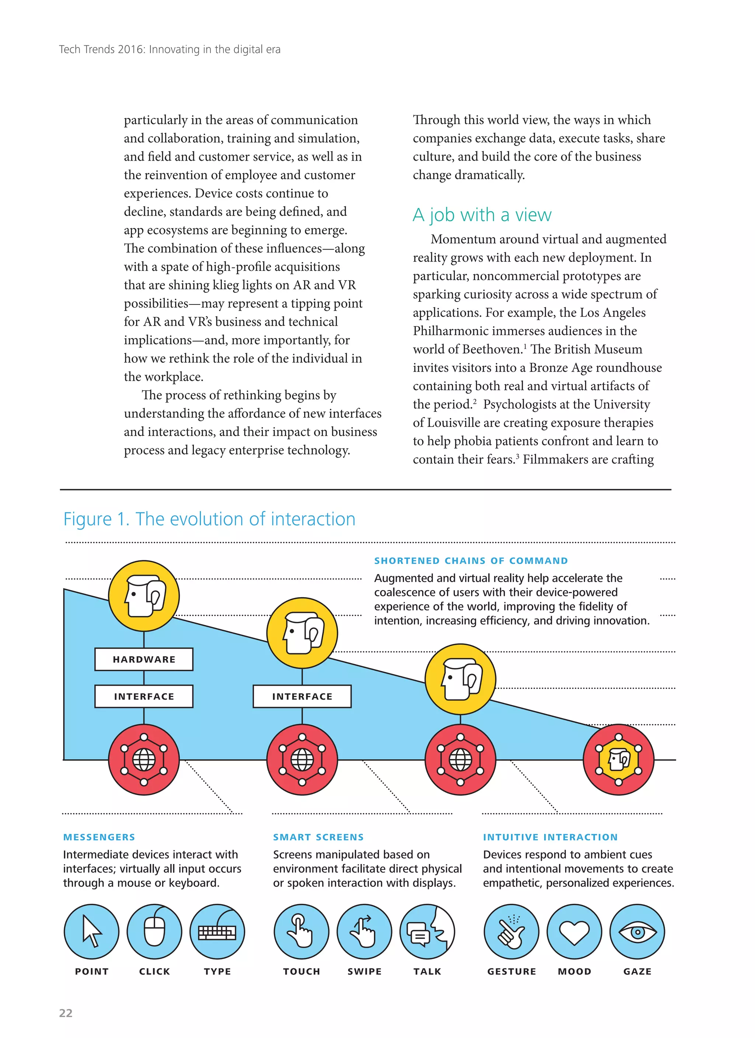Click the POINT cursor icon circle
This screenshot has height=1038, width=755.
[91, 931]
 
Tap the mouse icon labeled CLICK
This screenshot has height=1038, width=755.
[154, 931]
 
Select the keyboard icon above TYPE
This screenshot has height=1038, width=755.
[217, 931]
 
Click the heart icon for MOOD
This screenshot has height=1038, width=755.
[574, 931]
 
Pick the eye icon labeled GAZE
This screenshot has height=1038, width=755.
[637, 931]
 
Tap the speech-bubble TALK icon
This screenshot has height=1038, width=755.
[427, 931]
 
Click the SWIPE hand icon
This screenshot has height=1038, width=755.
[365, 931]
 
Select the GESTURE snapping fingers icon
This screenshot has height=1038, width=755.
[511, 931]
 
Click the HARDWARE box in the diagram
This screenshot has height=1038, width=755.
[144, 659]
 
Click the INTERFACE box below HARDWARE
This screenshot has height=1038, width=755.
[144, 696]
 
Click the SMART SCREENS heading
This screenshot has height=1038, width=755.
[318, 837]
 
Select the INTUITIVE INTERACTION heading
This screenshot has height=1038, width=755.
[550, 837]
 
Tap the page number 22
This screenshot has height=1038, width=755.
[66, 1013]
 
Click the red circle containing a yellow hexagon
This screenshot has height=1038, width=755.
[619, 760]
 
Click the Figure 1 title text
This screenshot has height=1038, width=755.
[209, 519]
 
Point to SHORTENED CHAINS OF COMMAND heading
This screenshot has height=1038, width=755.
[471, 561]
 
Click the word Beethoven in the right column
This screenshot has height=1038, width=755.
[493, 349]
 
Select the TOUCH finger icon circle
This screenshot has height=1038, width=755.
[301, 931]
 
